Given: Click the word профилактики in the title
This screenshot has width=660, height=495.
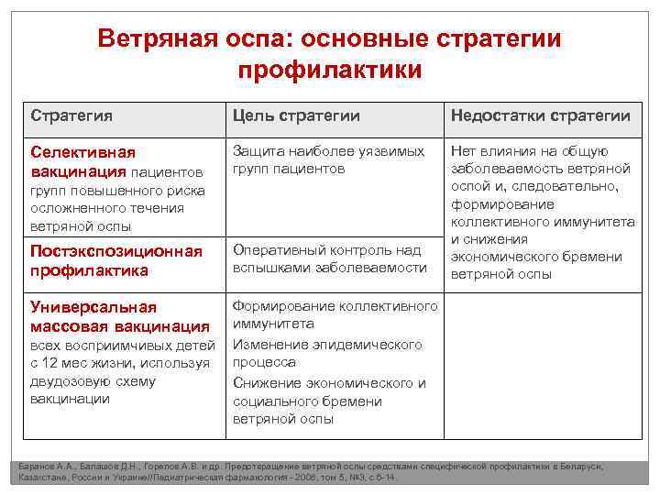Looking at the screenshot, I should (330, 71).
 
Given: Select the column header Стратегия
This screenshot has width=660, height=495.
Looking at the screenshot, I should (72, 115).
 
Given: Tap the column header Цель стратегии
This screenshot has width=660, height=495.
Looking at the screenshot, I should (296, 115).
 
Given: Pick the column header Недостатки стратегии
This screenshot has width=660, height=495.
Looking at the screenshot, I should (539, 115).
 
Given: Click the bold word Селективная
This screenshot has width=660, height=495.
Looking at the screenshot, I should (83, 152).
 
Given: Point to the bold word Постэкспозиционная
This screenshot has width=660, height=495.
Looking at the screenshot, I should (115, 251).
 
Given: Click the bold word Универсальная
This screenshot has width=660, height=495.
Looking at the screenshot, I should (93, 306).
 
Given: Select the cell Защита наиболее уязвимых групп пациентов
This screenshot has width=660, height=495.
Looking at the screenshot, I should (327, 159).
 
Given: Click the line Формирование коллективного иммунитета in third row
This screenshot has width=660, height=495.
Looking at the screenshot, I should (334, 314).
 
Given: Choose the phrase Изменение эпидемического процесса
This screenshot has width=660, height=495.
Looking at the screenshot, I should (326, 354).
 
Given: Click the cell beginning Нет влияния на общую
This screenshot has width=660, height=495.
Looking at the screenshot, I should (542, 212).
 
